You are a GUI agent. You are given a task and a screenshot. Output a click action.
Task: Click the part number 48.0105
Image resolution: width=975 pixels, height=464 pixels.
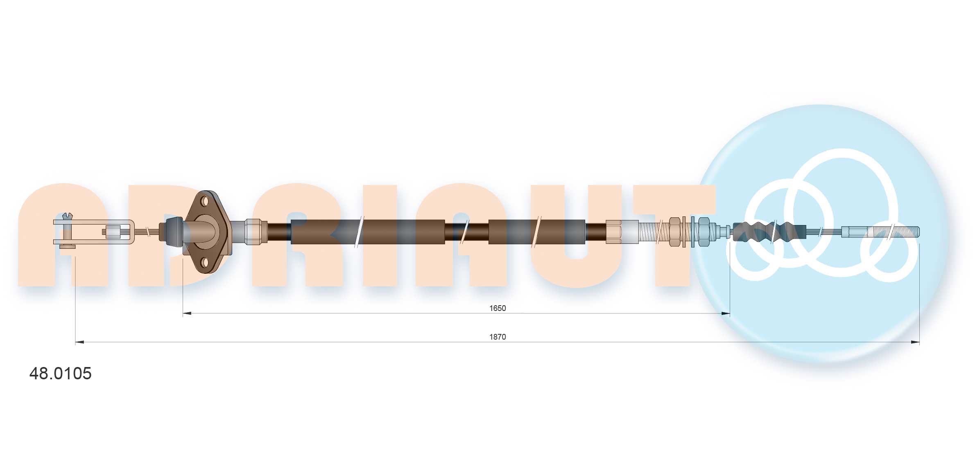[x=60, y=373]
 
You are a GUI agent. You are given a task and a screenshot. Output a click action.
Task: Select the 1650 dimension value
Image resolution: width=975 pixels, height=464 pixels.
[x=498, y=308]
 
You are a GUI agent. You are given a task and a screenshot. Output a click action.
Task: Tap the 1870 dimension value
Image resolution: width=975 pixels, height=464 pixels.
[x=498, y=337]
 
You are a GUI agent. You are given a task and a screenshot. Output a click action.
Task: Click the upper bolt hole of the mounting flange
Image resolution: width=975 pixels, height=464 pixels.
[x=205, y=201]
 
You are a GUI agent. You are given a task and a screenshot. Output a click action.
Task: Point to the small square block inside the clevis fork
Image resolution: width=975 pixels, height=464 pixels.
[x=113, y=232]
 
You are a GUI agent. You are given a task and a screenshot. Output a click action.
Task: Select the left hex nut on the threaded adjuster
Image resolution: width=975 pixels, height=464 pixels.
[x=674, y=232]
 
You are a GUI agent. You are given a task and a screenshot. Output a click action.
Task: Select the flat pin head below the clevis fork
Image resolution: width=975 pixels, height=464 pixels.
[x=68, y=246]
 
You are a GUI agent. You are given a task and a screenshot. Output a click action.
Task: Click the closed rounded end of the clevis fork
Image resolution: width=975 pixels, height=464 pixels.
[x=131, y=232]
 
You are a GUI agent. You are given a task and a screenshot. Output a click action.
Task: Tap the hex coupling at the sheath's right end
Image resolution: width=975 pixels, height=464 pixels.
[x=613, y=232]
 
